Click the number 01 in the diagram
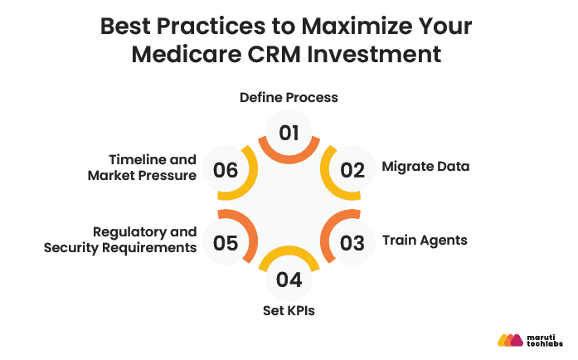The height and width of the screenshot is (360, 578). point(289,133)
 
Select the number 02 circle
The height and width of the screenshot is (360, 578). point(352,170)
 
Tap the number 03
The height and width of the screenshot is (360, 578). point(352,243)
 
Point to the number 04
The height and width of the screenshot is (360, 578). point(289,280)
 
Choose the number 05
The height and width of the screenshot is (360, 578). point(226,243)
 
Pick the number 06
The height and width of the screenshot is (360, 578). point(226,170)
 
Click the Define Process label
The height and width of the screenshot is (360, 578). point(289,97)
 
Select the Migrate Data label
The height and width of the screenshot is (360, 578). point(425,167)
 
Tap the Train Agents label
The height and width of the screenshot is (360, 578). point(425,240)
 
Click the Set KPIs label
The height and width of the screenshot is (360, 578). point(289,310)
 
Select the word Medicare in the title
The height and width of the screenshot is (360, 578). point(187,54)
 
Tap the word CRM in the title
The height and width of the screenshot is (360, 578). point(274,54)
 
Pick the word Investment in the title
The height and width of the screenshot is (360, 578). point(374,54)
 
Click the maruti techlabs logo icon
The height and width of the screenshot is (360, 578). point(510,340)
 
